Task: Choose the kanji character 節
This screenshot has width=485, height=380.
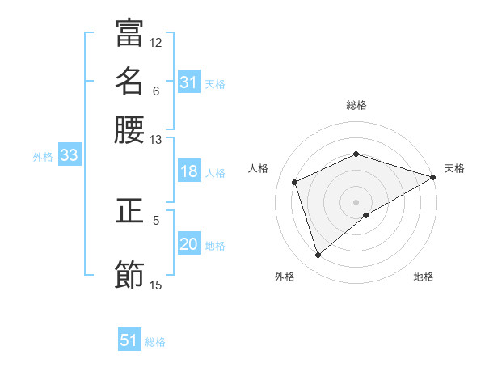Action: [129, 275]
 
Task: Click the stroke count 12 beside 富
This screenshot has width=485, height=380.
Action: [156, 42]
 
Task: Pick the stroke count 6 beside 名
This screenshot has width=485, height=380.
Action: [156, 91]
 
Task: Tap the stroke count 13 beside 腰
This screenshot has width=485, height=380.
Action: [156, 139]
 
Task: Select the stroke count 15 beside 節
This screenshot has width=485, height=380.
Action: [156, 285]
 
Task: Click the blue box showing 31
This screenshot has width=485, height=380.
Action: [188, 82]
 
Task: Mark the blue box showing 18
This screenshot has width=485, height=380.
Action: [188, 171]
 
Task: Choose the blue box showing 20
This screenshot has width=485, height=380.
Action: [188, 245]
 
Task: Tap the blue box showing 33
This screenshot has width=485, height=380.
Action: [69, 156]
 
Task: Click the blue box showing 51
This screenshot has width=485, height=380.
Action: [129, 340]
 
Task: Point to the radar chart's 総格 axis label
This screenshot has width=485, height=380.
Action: [356, 105]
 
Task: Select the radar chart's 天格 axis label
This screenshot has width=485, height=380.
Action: [454, 168]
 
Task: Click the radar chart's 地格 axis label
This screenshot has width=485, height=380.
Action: [424, 277]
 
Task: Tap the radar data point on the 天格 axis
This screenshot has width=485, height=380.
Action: [433, 177]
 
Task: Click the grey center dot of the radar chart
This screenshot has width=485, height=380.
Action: [356, 202]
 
